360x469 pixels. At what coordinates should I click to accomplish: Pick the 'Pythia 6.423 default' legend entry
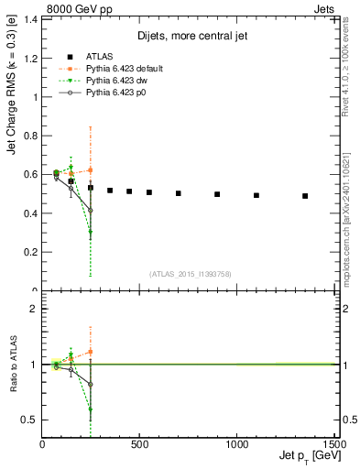(125, 69)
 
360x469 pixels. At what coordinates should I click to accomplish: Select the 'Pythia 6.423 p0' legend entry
(117, 93)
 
